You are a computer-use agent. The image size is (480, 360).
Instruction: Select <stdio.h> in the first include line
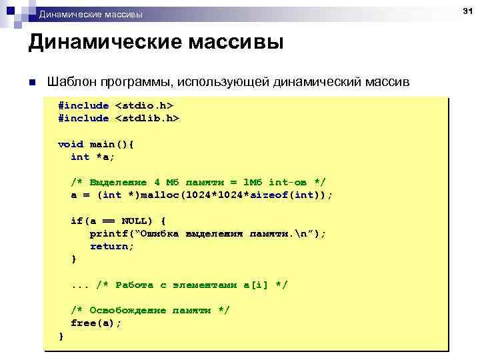pyautogui.click(x=144, y=105)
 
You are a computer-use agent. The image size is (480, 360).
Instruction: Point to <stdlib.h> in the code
pyautogui.click(x=147, y=118)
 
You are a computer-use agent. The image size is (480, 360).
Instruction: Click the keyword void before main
pyautogui.click(x=71, y=144)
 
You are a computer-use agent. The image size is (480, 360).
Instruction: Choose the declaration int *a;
pyautogui.click(x=93, y=157)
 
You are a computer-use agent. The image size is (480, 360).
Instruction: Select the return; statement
pyautogui.click(x=112, y=246)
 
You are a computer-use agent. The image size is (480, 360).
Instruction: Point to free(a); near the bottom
pyautogui.click(x=96, y=323)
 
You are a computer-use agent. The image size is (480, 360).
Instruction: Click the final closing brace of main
pyautogui.click(x=61, y=335)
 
